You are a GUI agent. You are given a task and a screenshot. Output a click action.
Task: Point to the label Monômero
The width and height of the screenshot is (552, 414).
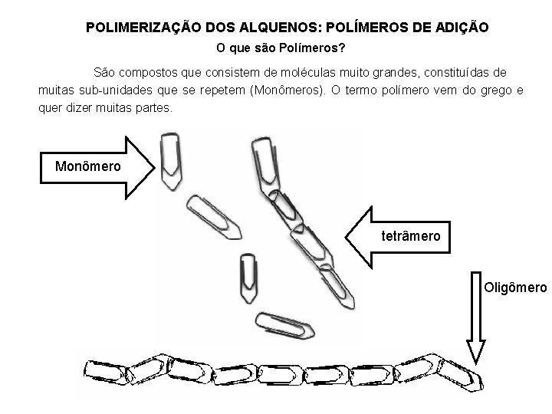point(88,166)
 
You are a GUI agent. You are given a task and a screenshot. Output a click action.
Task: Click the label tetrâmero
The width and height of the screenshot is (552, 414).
point(411,236)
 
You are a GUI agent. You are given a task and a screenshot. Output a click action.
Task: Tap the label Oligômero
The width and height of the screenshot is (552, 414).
point(516,287)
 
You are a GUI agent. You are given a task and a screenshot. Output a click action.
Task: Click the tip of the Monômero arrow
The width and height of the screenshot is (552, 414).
point(154,167)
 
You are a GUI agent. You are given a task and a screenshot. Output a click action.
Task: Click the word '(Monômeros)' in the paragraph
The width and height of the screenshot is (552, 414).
point(291,90)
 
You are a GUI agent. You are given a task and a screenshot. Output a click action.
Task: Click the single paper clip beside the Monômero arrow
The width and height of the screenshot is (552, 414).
point(169,161)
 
